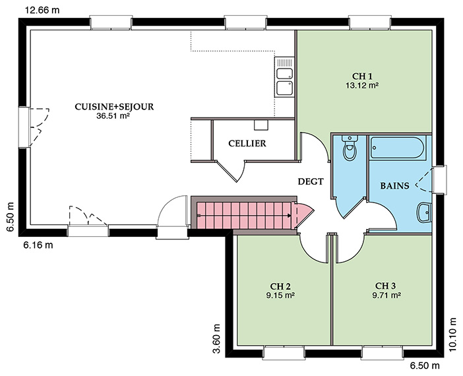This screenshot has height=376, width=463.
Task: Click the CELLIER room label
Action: [x=247, y=144]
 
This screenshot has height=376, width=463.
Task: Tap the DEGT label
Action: [x=311, y=181]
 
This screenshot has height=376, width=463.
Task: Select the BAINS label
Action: [x=394, y=185]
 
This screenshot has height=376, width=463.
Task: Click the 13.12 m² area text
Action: [x=362, y=86]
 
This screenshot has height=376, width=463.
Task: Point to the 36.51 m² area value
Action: [x=113, y=116]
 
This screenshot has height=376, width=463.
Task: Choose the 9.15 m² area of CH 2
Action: [x=280, y=295]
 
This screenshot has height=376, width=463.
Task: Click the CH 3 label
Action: [x=385, y=286]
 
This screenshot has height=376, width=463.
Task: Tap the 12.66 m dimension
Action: [x=42, y=11]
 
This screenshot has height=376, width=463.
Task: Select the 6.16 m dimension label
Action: [x=38, y=245]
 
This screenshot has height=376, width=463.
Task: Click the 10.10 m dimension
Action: [x=453, y=334]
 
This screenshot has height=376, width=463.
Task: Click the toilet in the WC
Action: [x=350, y=148]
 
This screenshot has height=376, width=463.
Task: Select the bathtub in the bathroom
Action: [x=398, y=148]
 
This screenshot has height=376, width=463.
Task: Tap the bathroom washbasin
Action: [x=425, y=212]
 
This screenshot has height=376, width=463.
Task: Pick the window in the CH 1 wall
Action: [x=370, y=23]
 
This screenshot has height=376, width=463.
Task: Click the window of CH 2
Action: [x=284, y=352]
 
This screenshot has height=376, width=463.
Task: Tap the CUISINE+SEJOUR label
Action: [x=114, y=107]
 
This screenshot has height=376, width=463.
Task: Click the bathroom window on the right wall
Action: [x=439, y=180]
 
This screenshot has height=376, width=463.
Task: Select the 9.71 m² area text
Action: [x=386, y=295]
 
